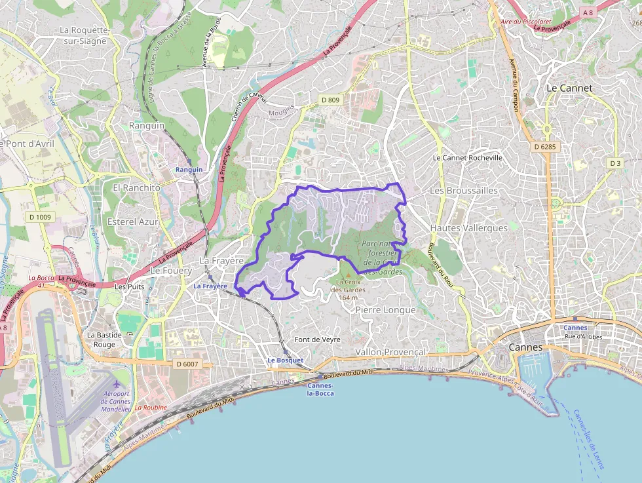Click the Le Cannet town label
pos(569,88)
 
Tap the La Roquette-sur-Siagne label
pos(83,35)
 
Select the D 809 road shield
pos(330,100)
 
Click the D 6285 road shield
pos(544,147)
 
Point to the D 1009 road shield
pos(40,217)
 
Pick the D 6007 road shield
pos(187,364)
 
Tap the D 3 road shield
pos(614,163)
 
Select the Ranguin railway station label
pos(189,170)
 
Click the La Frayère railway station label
pos(210,286)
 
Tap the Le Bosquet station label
pos(285,360)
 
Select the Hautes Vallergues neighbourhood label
pos(468,228)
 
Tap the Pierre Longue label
pos(385,309)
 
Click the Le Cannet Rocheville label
pos(468,158)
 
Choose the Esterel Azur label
pos(136,222)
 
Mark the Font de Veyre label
pos(318,339)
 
